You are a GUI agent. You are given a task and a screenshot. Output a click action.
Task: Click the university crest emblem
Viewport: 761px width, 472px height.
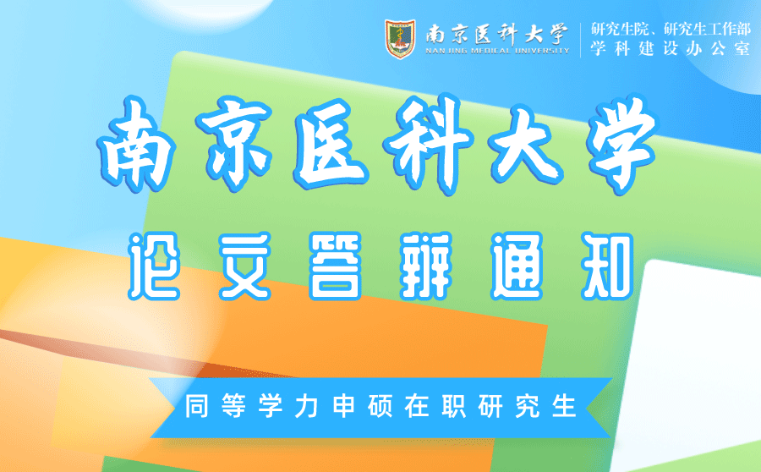point(400,39)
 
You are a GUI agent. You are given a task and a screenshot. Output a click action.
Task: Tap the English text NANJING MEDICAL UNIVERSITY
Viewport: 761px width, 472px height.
point(497,51)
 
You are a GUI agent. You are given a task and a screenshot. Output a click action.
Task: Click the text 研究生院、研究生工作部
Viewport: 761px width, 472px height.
point(671,29)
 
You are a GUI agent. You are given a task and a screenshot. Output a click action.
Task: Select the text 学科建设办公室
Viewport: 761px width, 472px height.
point(671,48)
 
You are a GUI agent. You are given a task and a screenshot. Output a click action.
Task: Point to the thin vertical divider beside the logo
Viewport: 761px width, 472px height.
point(580,40)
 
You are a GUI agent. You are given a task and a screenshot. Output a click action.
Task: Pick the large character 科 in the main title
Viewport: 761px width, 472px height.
point(427,144)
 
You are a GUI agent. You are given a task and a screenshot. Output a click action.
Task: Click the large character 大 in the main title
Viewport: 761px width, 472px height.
point(525,144)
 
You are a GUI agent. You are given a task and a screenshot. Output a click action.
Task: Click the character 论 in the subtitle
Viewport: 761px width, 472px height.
point(154,266)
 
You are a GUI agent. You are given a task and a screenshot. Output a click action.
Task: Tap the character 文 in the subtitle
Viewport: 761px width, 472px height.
point(244,266)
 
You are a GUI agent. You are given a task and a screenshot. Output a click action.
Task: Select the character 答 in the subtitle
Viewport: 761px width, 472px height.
point(336,266)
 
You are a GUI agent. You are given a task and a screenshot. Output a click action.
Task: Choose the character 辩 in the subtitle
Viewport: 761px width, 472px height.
point(426,266)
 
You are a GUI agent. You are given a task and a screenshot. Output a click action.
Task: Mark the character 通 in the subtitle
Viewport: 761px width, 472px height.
point(517,266)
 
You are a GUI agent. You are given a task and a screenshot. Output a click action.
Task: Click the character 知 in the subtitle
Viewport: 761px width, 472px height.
point(607,266)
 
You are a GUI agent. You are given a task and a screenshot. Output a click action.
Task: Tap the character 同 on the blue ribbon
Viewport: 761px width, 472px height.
point(196,406)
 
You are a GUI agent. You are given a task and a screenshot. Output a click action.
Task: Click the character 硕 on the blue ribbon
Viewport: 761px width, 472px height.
point(380,406)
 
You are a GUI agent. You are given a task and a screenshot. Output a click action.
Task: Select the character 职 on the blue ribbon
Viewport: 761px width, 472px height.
point(454,406)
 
